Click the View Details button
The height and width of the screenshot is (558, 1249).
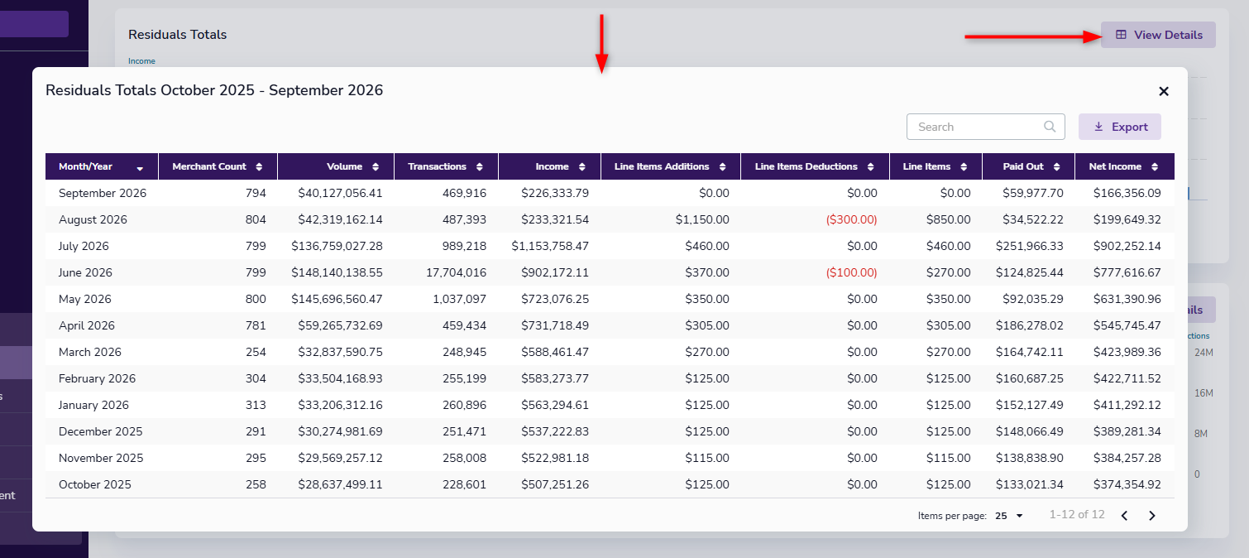[x=1158, y=35]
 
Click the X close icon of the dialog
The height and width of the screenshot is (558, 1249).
[x=1164, y=92]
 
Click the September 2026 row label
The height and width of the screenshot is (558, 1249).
[x=103, y=193]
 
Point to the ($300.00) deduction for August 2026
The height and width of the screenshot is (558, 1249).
[x=851, y=219]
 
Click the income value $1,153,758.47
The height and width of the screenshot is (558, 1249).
[x=550, y=246]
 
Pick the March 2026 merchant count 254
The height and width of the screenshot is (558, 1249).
[x=256, y=352]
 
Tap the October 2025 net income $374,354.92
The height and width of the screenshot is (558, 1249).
[x=1127, y=484]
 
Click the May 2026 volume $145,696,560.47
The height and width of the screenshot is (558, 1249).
[x=337, y=299]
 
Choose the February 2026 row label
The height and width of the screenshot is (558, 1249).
[x=97, y=378]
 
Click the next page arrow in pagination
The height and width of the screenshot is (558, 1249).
[x=1152, y=516]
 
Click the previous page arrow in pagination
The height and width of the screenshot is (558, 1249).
[x=1125, y=516]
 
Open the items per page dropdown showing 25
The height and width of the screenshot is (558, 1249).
[x=1009, y=516]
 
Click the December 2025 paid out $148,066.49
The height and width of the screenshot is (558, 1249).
[x=1029, y=431]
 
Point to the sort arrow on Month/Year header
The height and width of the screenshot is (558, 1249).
[x=140, y=168]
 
